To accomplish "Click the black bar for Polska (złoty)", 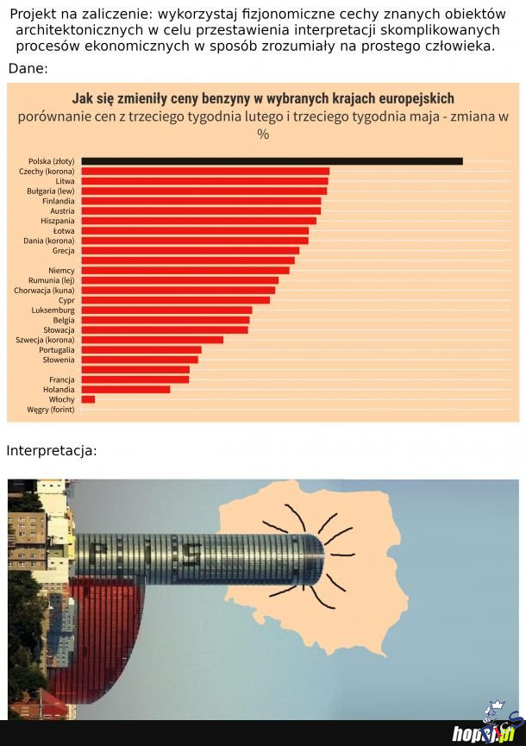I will pos(272,161).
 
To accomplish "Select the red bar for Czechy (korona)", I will pos(206,172).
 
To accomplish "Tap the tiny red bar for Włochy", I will pos(88,399).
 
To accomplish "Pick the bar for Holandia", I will pos(126,390).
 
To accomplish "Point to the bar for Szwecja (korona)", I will pos(153,340).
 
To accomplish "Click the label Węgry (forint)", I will pos(51,410).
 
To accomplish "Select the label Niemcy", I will pos(62,271).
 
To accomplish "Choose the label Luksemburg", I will pos(53,310).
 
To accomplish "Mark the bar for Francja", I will pos(135,379).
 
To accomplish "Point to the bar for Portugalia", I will pos(141,350).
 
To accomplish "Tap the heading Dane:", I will pos(28,68).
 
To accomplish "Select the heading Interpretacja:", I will pos(52,451).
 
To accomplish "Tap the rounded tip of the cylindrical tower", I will pos(317,558).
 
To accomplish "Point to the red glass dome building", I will pos(99,638).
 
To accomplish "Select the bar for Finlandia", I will pos(202,201).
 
